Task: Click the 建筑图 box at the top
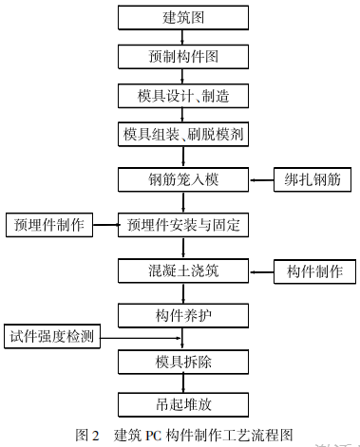point(183,17)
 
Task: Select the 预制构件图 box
point(183,56)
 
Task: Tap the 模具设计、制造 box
point(183,96)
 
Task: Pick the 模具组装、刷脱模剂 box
point(183,135)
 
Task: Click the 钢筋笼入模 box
point(183,178)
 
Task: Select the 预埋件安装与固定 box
point(183,225)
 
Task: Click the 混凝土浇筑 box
point(183,270)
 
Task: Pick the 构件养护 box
point(183,314)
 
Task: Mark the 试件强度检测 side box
point(54,337)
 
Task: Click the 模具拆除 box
point(183,363)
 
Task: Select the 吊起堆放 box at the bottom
point(183,403)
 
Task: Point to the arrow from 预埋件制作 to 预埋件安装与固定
point(103,225)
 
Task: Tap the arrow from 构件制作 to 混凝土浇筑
point(261,270)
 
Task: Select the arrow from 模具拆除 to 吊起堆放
point(183,383)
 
